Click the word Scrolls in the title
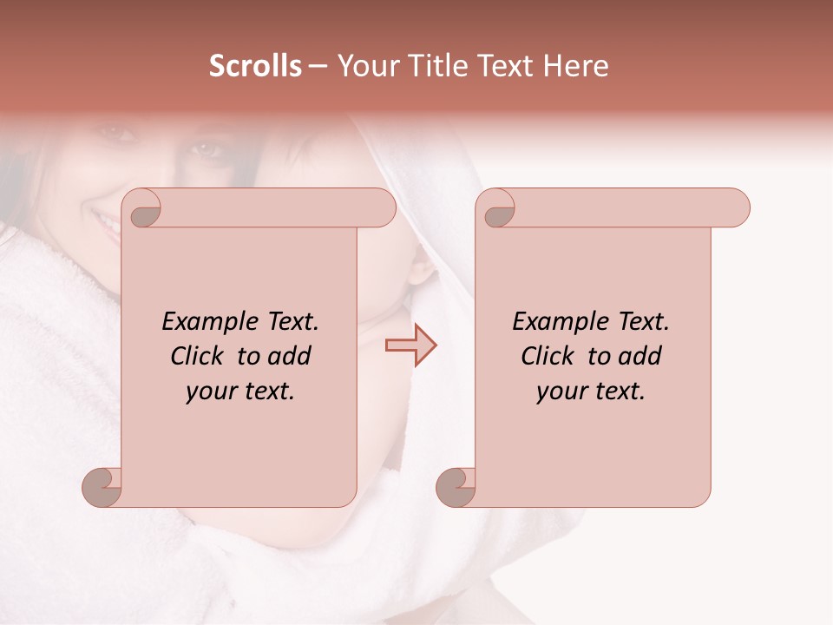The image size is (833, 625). tap(255, 66)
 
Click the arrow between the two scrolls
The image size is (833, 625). tap(410, 346)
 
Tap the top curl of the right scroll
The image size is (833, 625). tap(496, 208)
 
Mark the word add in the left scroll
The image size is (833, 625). tap(289, 357)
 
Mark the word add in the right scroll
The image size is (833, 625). tap(640, 357)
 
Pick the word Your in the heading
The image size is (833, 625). tap(365, 66)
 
